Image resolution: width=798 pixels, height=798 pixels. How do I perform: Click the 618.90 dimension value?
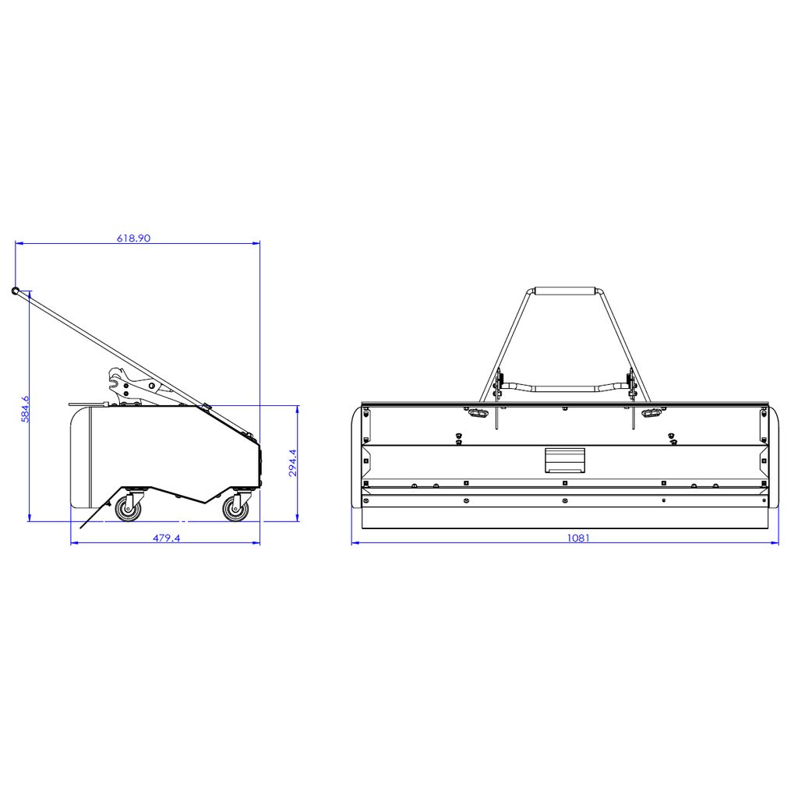(134, 238)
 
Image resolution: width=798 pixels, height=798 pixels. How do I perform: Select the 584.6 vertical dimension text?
(25, 409)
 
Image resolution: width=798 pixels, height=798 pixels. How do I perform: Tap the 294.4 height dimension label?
(293, 463)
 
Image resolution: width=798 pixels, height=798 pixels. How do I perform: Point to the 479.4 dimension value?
(167, 538)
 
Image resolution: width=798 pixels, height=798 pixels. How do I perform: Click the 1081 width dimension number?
(579, 538)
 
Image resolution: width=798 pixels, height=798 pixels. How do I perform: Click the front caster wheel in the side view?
(236, 508)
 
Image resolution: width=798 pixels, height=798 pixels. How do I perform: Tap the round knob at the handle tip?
(16, 291)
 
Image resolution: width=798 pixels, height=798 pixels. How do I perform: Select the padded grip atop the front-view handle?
(564, 291)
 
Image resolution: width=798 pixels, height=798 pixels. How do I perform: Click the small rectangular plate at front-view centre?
(565, 460)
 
